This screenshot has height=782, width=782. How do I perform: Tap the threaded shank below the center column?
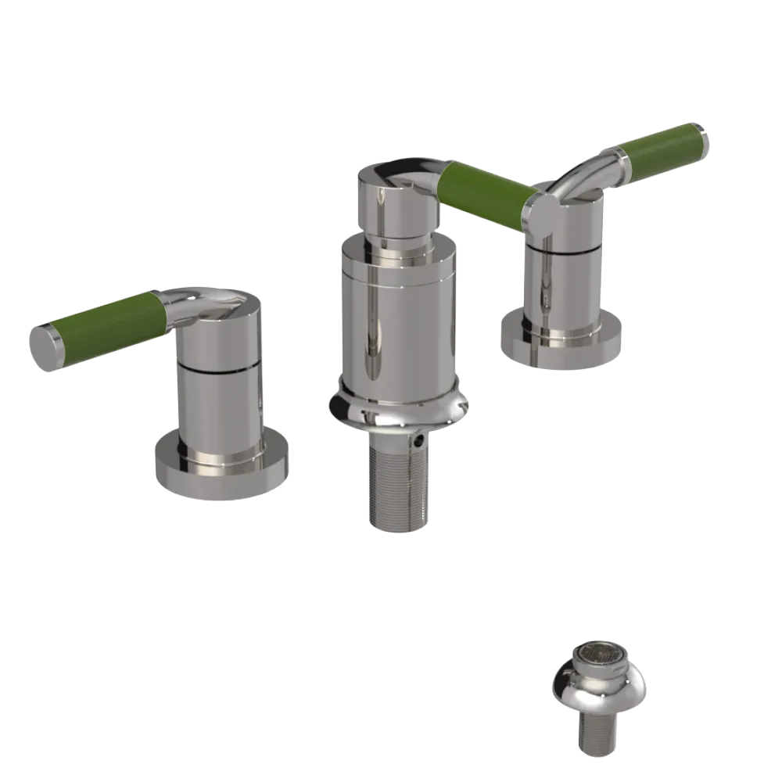(x=398, y=485)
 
